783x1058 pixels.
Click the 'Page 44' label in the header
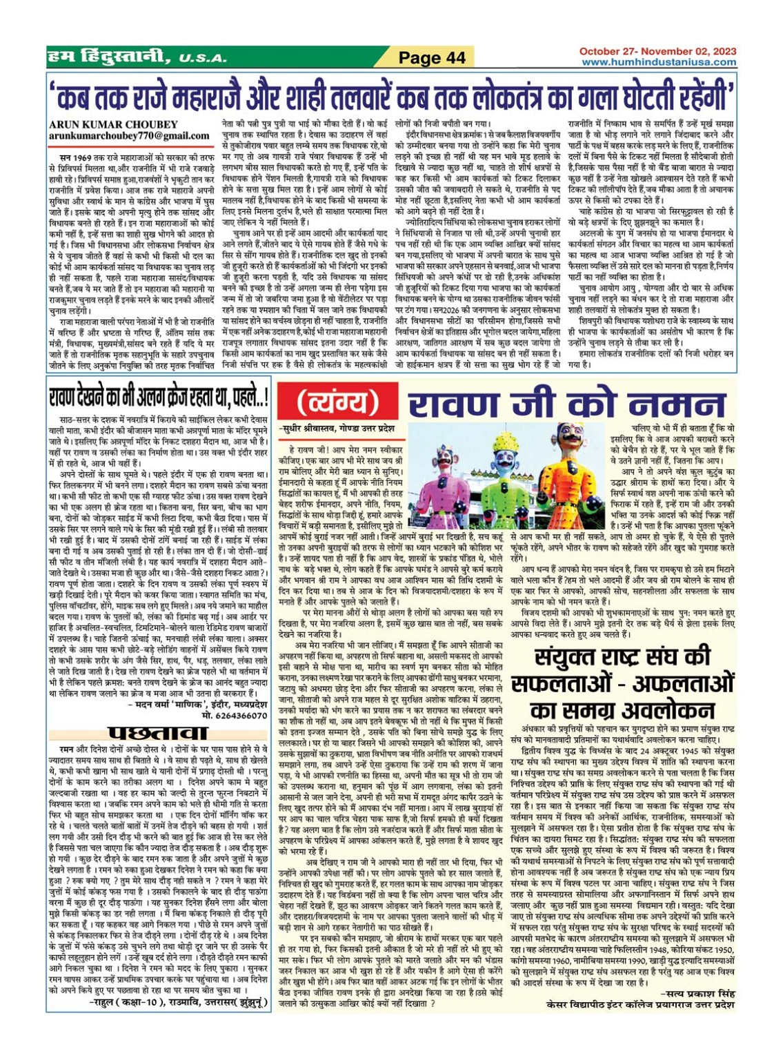pyautogui.click(x=433, y=58)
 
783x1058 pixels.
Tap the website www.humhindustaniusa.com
pyautogui.click(x=658, y=62)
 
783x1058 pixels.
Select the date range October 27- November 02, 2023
pyautogui.click(x=657, y=52)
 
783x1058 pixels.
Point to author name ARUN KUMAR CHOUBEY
pyautogui.click(x=113, y=125)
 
